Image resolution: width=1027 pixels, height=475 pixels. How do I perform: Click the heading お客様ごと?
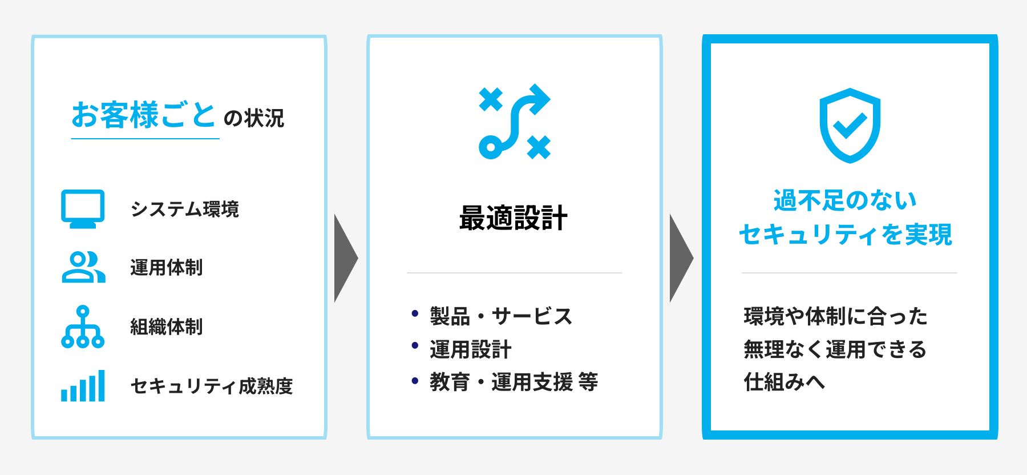tap(143, 115)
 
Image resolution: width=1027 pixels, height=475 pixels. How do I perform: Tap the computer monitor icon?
tap(83, 208)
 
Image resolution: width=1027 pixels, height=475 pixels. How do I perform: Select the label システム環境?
tap(185, 209)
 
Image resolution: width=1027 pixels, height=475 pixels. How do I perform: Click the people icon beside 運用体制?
tap(83, 267)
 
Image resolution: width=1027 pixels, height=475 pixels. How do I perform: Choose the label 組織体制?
tap(167, 327)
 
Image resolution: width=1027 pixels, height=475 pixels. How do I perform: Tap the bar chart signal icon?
tap(83, 386)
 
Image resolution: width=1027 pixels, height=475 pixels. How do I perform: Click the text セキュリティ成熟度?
tap(212, 386)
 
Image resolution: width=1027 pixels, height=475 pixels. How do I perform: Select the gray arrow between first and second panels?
tap(346, 258)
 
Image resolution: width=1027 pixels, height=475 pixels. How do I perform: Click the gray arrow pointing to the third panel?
tap(681, 258)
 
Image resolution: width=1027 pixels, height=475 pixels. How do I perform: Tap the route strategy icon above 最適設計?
tap(515, 121)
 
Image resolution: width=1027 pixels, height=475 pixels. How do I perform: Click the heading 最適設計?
tap(513, 218)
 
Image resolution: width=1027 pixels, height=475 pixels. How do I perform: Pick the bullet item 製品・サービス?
tap(501, 316)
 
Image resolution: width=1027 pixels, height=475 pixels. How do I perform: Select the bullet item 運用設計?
tap(471, 349)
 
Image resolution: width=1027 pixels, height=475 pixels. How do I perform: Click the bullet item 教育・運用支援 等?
tap(514, 382)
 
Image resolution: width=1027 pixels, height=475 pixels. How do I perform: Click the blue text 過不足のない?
tap(845, 200)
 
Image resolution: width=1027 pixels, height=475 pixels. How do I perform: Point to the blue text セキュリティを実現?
tap(846, 234)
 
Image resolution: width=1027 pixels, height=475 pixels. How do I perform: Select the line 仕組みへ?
tap(785, 382)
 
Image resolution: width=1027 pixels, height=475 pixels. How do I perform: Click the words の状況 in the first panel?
tap(254, 118)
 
